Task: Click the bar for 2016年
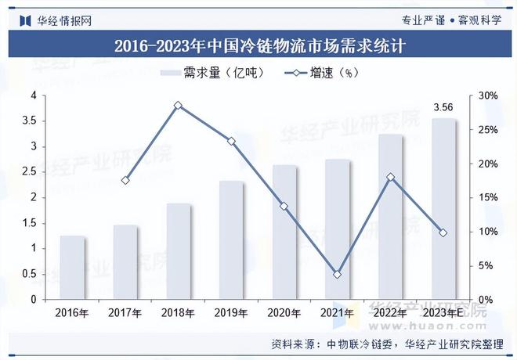tap(73, 268)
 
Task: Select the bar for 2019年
tap(231, 240)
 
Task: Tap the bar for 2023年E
tap(443, 209)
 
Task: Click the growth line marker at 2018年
tap(178, 105)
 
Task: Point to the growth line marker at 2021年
tap(337, 275)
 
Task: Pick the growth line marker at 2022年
tap(390, 178)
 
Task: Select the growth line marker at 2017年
tap(125, 180)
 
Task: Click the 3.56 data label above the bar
tap(443, 107)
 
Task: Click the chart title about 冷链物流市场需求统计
tap(258, 46)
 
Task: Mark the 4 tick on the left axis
tap(34, 95)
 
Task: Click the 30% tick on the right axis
tap(487, 95)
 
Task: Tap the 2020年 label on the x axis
tap(284, 313)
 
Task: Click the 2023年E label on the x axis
tap(443, 313)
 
